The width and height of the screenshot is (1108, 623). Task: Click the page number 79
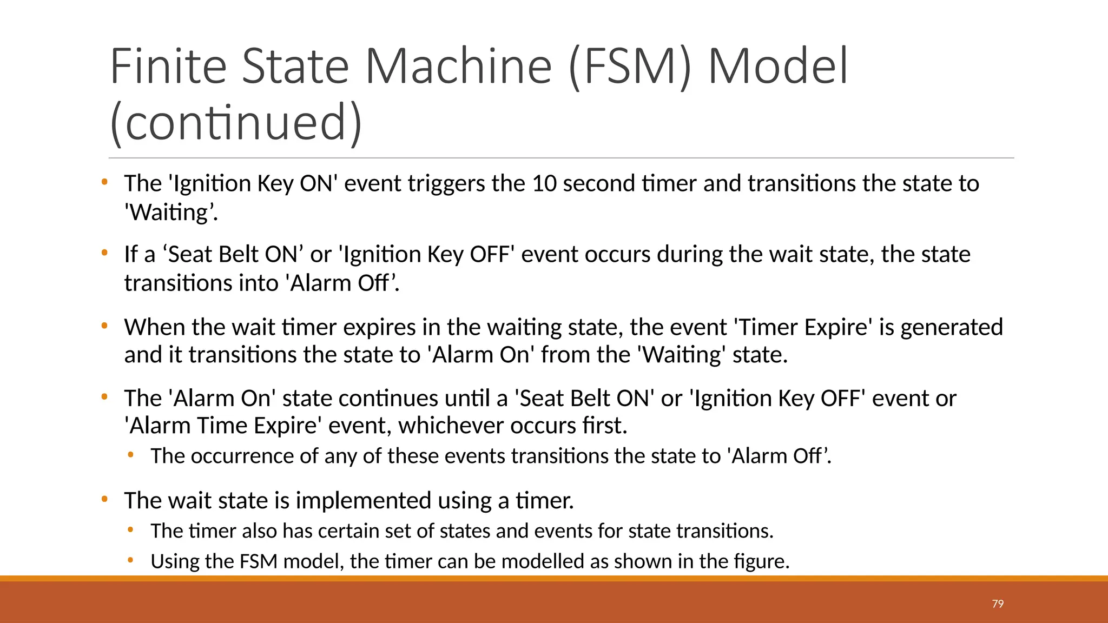(998, 604)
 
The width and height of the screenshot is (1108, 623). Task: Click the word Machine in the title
(458, 67)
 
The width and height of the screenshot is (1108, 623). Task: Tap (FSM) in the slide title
(630, 67)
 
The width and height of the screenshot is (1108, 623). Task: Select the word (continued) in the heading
(236, 122)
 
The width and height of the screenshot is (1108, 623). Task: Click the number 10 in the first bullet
(544, 184)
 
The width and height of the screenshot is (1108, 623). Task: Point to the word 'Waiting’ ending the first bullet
(170, 213)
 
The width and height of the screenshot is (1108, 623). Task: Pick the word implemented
(363, 501)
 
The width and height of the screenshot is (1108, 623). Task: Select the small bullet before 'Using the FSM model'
(130, 560)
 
